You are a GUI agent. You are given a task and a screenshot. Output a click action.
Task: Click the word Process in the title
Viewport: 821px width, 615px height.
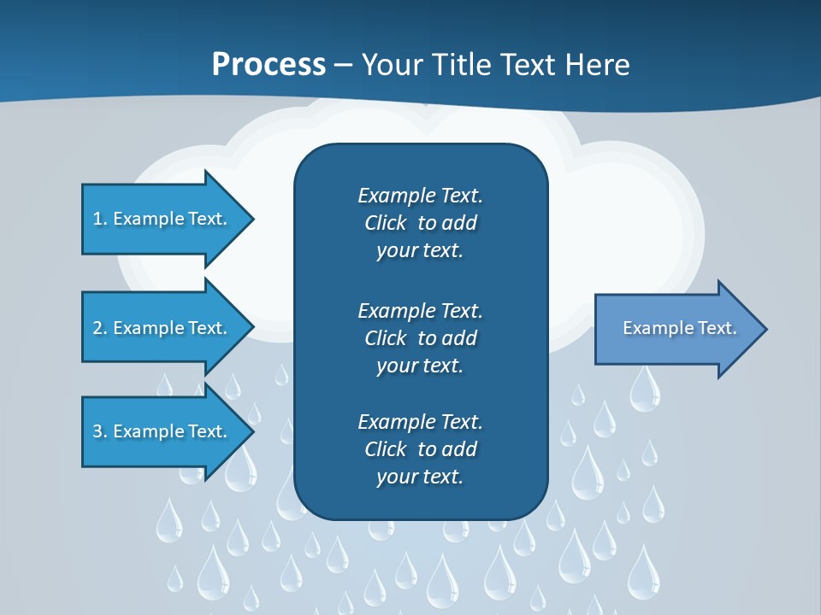pos(269,65)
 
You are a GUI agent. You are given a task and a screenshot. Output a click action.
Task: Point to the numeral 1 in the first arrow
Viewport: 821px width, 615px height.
pos(97,219)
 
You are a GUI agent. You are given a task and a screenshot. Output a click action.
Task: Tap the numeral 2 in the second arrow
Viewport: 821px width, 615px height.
pos(97,328)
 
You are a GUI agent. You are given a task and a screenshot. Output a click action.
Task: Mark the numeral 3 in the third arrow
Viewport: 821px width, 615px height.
pos(97,431)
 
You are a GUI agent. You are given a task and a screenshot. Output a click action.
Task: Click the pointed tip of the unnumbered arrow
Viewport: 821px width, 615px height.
pos(764,329)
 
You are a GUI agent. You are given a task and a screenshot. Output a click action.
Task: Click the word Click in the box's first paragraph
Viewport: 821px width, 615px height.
pos(385,223)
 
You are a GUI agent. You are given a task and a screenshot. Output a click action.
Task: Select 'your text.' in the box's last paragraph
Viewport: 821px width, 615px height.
pos(420,477)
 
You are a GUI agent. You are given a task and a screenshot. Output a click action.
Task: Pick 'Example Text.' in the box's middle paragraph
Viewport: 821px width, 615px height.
pos(420,310)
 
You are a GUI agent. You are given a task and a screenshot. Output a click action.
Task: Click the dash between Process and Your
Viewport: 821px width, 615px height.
pos(344,65)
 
